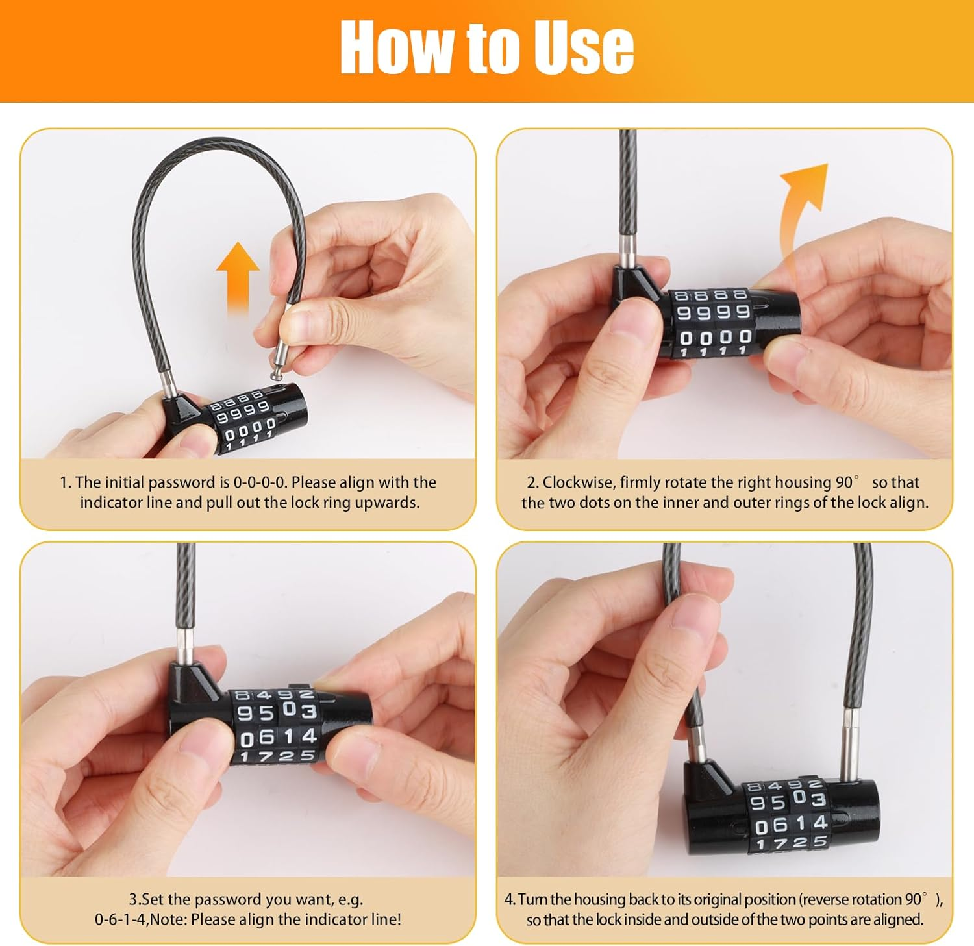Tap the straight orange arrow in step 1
click(x=238, y=279)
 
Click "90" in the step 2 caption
click(x=844, y=482)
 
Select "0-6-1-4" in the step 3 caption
click(x=121, y=919)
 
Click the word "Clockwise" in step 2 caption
click(x=577, y=482)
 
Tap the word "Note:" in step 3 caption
click(x=169, y=919)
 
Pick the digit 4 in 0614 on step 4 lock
click(x=820, y=823)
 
